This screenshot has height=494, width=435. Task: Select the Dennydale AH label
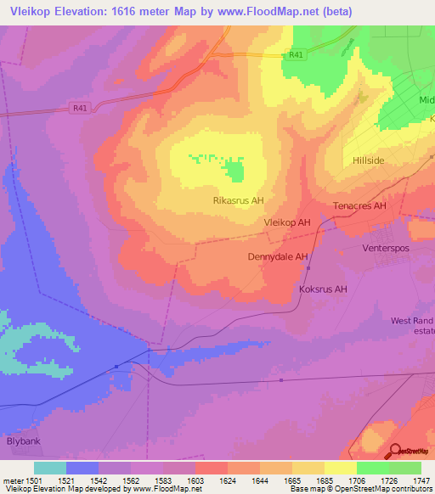click(x=277, y=256)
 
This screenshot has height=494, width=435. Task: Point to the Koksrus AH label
click(x=323, y=289)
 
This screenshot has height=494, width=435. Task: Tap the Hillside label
click(x=370, y=160)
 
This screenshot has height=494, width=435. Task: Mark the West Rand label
click(x=411, y=321)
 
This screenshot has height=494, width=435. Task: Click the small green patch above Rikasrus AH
click(x=234, y=172)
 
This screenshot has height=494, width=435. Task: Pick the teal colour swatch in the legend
click(x=50, y=468)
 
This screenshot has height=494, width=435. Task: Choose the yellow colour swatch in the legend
click(x=340, y=468)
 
